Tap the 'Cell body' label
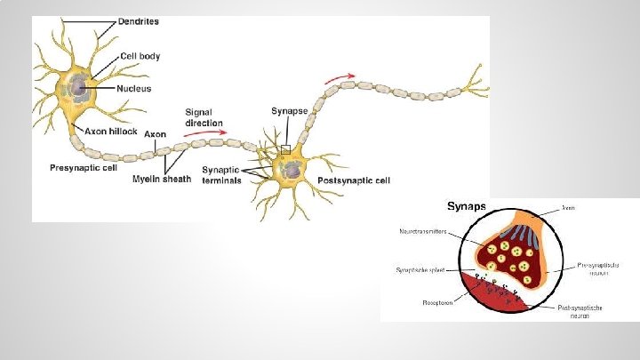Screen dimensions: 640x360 tap(140, 55)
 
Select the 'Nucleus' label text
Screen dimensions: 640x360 tap(134, 89)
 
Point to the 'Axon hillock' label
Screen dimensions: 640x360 tap(111, 131)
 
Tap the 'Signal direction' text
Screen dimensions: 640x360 tap(204, 117)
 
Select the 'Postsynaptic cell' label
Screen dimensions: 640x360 tap(354, 180)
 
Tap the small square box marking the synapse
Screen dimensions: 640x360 tap(285, 149)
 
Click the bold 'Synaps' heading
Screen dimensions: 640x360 tap(466, 206)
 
